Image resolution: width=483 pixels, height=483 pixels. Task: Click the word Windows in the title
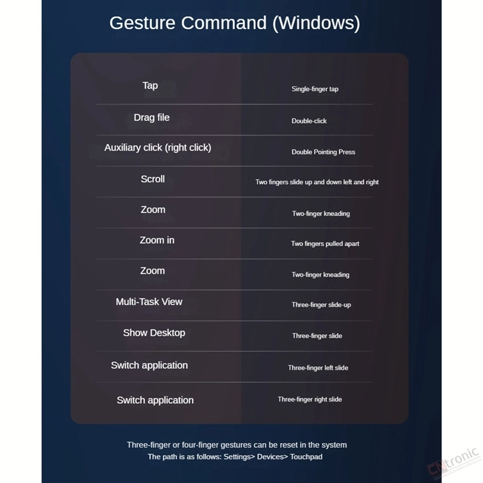pos(316,24)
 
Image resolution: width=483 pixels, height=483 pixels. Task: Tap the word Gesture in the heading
pos(142,23)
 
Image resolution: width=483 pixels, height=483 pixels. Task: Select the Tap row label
pos(150,85)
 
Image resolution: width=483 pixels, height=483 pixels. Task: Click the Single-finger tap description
pos(315,89)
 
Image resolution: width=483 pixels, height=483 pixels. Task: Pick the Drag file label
pos(152,117)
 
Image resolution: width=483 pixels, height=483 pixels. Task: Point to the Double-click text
pos(309,121)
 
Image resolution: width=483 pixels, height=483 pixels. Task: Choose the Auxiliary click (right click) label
pos(158,147)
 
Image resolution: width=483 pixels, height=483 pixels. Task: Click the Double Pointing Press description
pos(323,152)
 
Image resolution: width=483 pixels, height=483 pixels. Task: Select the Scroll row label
pos(153,179)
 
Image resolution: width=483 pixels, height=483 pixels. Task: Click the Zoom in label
pos(157,240)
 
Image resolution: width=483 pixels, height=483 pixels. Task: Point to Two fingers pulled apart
pos(325,244)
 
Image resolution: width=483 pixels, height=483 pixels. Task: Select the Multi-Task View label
pos(149,301)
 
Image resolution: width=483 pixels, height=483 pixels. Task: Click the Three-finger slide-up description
pos(321,305)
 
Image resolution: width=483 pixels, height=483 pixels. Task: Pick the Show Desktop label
pos(154,333)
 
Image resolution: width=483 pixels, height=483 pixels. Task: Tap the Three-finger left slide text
pos(318,368)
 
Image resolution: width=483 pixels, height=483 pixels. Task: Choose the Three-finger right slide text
pos(310,399)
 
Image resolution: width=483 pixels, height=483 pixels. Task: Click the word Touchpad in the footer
pos(306,457)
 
